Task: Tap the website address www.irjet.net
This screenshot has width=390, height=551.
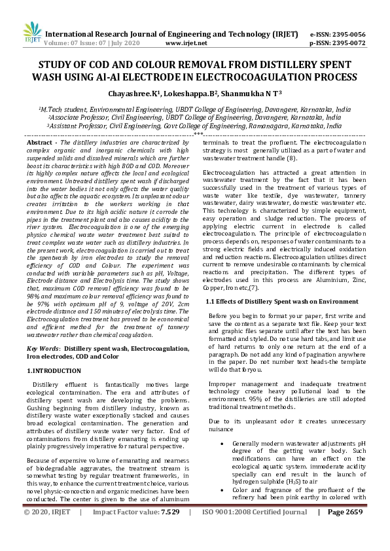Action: [x=186, y=43]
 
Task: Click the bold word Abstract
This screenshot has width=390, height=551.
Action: [x=37, y=142]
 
